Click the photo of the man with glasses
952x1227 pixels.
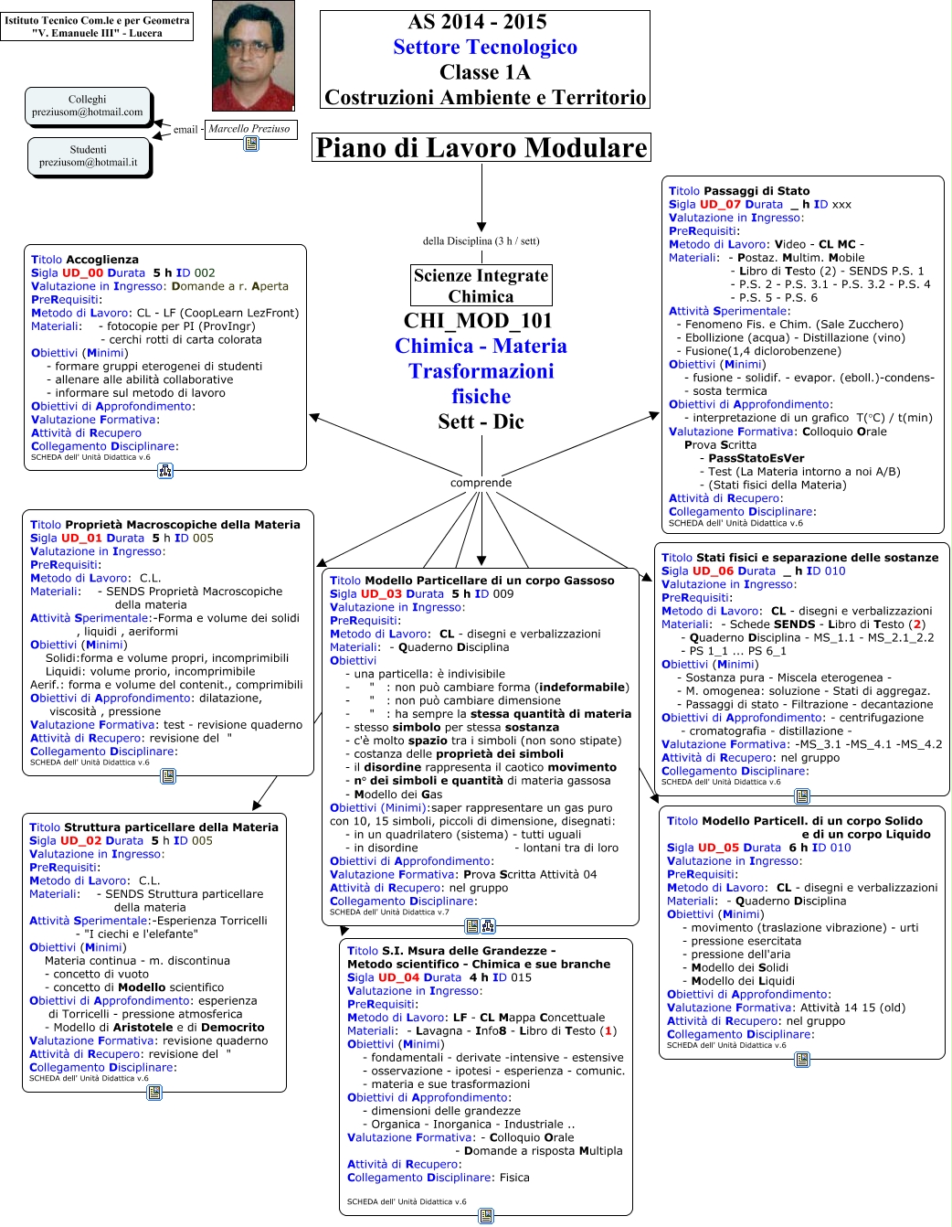click(x=253, y=56)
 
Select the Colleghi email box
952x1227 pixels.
click(x=88, y=106)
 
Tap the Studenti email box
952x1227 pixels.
click(x=89, y=156)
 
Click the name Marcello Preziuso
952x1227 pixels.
click(x=249, y=129)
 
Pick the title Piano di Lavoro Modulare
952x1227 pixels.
click(x=481, y=147)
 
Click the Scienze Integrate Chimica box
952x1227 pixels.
click(x=481, y=285)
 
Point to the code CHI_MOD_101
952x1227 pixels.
click(x=478, y=321)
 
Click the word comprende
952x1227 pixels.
click(x=481, y=483)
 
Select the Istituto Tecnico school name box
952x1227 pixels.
click(x=97, y=27)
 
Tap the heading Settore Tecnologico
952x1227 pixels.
click(x=485, y=48)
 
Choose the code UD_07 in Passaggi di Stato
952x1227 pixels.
click(x=720, y=204)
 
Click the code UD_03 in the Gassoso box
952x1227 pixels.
click(x=381, y=593)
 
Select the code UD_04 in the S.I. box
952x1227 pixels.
click(x=398, y=977)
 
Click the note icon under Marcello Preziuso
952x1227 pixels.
click(x=251, y=144)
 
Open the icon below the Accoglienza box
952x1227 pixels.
click(x=165, y=471)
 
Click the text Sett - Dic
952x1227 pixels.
click(x=481, y=421)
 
